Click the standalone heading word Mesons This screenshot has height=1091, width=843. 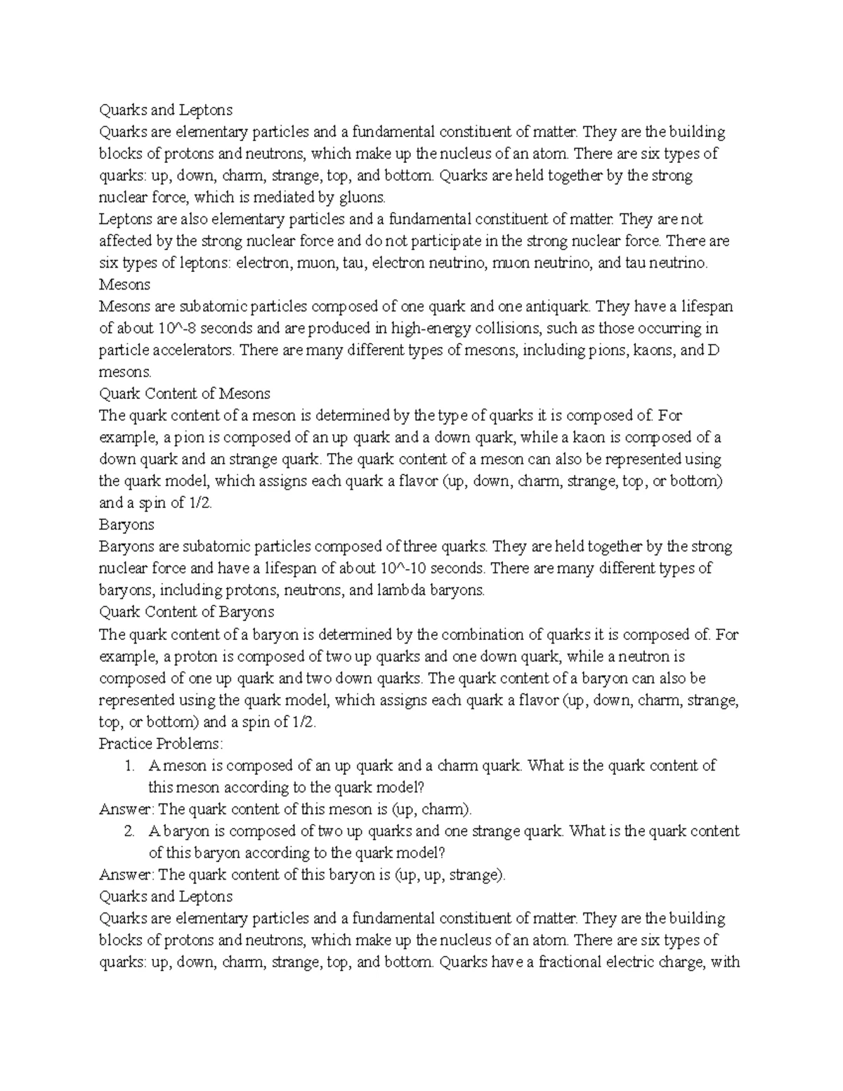click(x=124, y=285)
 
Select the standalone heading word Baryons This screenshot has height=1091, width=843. click(x=126, y=524)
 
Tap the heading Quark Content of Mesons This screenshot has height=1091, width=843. click(x=185, y=393)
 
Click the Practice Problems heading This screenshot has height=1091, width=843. click(x=161, y=743)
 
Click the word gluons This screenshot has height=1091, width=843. click(x=361, y=197)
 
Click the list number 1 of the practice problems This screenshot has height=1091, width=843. click(x=129, y=766)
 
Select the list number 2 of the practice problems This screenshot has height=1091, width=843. click(x=129, y=831)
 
